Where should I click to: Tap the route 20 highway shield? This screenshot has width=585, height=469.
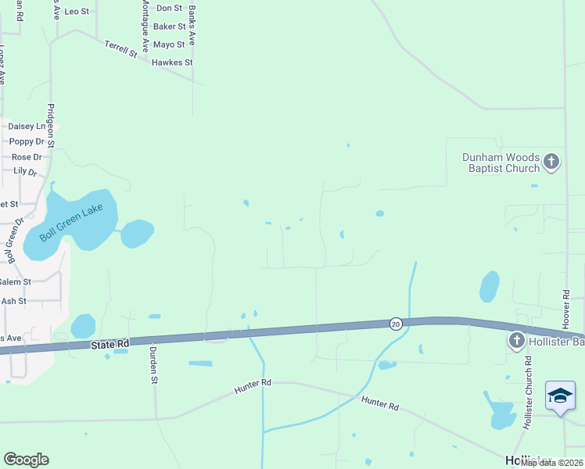click(x=396, y=324)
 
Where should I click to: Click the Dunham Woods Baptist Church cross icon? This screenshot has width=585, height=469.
click(x=551, y=162)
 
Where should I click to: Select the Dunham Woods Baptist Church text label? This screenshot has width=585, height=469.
click(x=501, y=163)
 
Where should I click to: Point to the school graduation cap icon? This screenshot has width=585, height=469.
click(x=560, y=396)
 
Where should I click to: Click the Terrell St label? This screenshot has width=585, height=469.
click(x=120, y=49)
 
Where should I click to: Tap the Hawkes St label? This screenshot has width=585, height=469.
click(x=172, y=63)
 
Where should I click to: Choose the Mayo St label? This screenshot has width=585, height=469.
click(x=169, y=45)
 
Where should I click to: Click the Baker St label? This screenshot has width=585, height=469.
click(x=169, y=27)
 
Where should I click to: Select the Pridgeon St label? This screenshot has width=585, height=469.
click(x=50, y=125)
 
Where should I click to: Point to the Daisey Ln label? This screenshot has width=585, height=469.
click(x=27, y=126)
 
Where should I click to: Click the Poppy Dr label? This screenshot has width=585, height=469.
click(x=27, y=141)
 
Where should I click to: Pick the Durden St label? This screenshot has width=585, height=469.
click(x=154, y=366)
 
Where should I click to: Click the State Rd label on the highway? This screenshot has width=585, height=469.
click(x=109, y=344)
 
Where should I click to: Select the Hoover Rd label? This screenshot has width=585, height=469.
click(x=566, y=309)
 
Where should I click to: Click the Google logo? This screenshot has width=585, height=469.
click(x=26, y=460)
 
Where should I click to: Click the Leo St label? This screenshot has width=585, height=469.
click(x=77, y=12)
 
